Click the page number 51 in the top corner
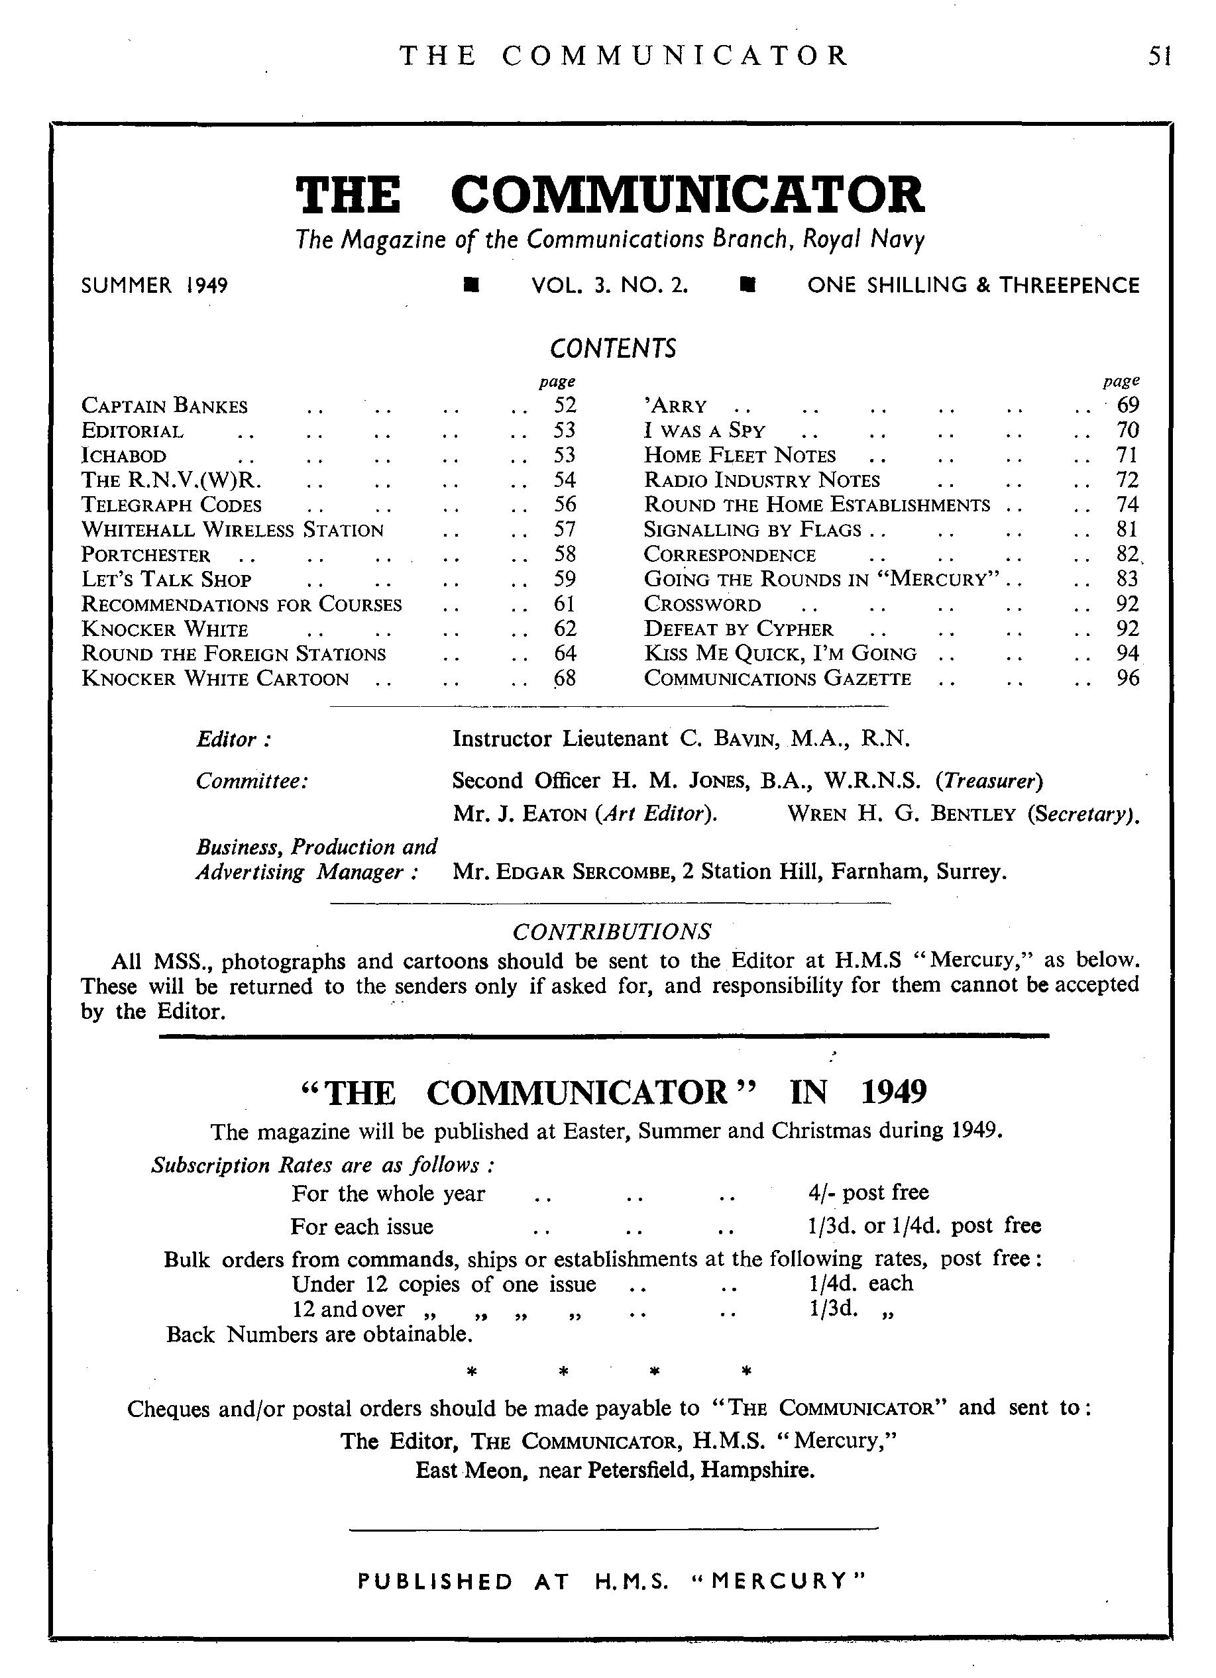click(1158, 56)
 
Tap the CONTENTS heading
click(613, 348)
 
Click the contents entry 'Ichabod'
click(124, 456)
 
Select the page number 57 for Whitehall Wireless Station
click(564, 530)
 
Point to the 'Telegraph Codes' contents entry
click(171, 505)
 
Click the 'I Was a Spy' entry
click(704, 431)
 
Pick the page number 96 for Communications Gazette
click(1127, 678)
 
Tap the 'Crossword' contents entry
click(702, 604)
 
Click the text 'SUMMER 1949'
click(154, 286)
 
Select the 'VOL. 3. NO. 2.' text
click(610, 286)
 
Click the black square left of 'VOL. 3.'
click(470, 286)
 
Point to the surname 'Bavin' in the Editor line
click(740, 739)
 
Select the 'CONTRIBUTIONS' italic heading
click(612, 931)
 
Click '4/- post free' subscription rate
click(868, 1192)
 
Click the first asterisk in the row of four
click(470, 1372)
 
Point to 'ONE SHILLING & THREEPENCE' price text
click(973, 286)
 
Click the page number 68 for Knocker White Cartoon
click(564, 678)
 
